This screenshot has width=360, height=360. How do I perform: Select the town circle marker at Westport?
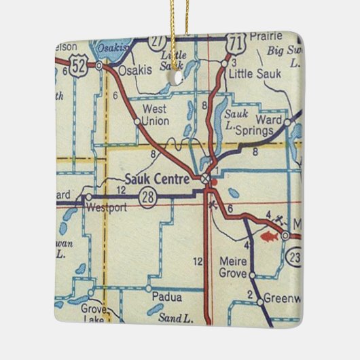(x=88, y=198)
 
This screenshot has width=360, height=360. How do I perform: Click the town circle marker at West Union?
(x=137, y=122)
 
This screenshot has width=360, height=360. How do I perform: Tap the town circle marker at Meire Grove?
(x=251, y=275)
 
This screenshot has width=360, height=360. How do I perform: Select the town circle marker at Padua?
(x=149, y=289)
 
